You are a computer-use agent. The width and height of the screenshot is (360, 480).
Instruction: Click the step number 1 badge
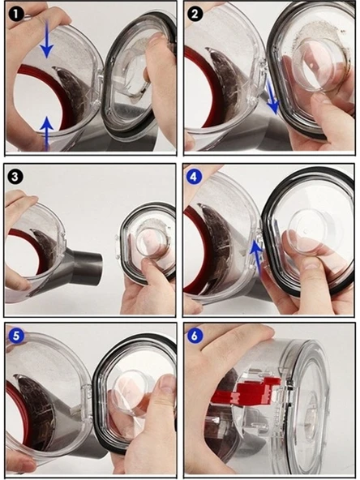[16, 14]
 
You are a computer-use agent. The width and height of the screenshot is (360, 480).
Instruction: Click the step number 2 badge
[195, 14]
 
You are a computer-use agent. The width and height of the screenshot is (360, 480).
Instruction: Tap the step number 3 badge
[16, 177]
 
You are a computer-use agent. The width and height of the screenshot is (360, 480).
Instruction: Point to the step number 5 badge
[16, 336]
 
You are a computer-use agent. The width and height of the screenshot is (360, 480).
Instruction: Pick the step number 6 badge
[195, 336]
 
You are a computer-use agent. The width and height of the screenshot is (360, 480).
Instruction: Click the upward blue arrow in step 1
[46, 134]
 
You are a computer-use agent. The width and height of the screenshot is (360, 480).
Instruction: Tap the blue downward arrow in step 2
[272, 96]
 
